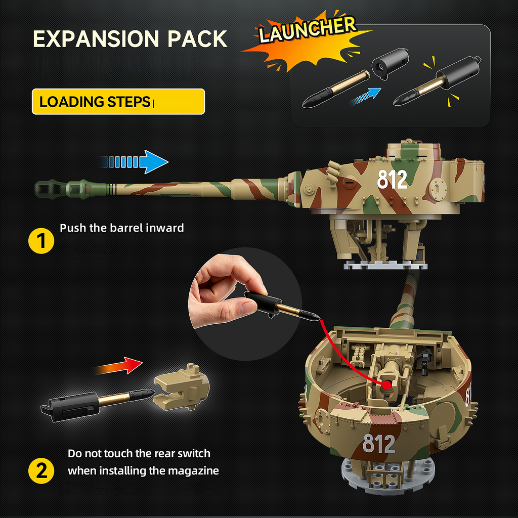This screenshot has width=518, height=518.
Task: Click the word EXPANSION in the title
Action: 96,39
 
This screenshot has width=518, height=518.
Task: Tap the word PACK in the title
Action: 197,39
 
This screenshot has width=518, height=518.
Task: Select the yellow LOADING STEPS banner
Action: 118,102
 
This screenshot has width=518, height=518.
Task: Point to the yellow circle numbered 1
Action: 41,240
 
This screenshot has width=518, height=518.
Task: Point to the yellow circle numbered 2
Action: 41,470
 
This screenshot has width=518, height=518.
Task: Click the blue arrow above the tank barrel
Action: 133,162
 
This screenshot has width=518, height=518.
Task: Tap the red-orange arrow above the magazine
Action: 118,366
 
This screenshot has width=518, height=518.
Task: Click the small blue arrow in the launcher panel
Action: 365,97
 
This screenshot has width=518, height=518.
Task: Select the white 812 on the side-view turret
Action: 392,180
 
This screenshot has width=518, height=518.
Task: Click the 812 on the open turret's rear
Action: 378,443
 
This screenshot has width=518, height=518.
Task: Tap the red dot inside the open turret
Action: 386,384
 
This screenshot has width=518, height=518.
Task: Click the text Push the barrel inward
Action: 121,228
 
